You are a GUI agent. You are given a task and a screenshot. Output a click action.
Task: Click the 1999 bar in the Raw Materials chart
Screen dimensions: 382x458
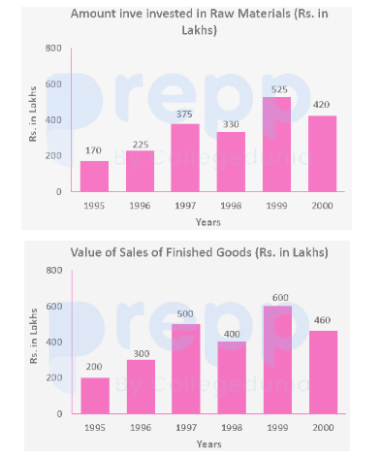pos(276,145)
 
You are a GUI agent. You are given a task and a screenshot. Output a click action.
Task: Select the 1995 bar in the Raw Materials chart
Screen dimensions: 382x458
pos(94,177)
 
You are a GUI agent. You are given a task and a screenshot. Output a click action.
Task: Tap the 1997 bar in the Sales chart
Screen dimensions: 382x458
pos(186,369)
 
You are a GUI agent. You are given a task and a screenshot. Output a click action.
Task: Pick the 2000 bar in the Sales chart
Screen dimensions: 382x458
pos(323,372)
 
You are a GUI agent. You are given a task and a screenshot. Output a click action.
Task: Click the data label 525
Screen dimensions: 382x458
pos(279,89)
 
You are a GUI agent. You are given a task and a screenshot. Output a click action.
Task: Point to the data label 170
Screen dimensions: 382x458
pos(93,150)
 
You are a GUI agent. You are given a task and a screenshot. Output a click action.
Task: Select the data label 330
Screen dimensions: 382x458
pos(231,124)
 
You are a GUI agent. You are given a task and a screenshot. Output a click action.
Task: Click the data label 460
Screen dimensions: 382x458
pos(322,320)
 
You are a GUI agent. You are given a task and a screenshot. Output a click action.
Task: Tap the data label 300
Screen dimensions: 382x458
pos(142,353)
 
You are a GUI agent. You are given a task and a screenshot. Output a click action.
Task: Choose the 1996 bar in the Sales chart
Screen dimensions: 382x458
pos(141,386)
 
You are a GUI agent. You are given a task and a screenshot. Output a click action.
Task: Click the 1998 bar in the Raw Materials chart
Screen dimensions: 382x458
pos(231,162)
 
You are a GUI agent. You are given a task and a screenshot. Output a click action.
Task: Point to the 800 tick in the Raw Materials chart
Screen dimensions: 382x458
pos(53,49)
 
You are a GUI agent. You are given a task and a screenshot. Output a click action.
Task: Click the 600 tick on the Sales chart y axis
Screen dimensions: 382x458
pos(54,306)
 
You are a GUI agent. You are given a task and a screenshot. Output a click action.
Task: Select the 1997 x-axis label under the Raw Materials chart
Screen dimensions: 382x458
pos(185,206)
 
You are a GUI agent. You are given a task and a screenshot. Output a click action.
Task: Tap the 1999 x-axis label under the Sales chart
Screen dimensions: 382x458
pos(277,428)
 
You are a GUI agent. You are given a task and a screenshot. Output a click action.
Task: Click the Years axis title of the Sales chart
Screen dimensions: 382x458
pos(209,444)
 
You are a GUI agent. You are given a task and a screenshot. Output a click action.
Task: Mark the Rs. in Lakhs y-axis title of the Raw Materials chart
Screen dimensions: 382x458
pos(33,114)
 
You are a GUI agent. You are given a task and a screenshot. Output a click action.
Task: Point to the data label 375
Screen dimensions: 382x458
pos(184,114)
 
